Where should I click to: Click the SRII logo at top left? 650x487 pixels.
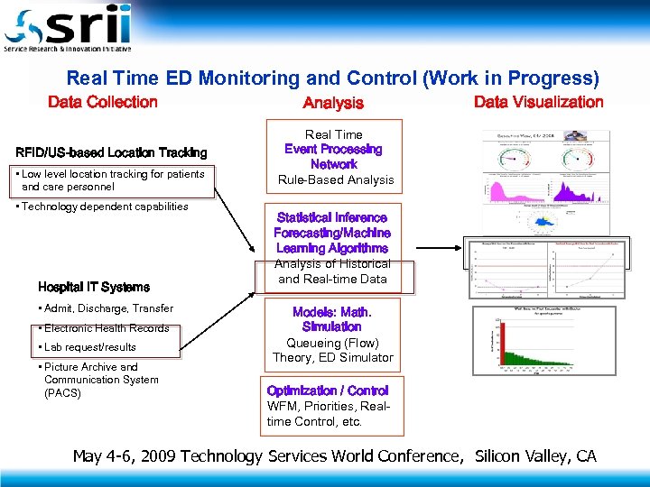point(68,28)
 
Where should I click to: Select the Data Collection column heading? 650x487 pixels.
point(102,102)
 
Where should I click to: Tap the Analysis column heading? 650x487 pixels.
point(333,104)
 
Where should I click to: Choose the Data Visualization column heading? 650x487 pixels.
point(538,102)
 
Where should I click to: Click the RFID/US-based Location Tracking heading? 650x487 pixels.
point(111,152)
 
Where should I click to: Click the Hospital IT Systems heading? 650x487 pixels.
point(94,287)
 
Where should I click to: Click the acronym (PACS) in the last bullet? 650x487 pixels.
point(62,392)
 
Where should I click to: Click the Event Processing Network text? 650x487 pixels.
point(333,157)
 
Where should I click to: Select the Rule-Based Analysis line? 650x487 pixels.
point(336,179)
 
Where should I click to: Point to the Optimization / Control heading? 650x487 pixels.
point(328,391)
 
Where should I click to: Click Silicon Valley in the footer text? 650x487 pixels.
point(520,455)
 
